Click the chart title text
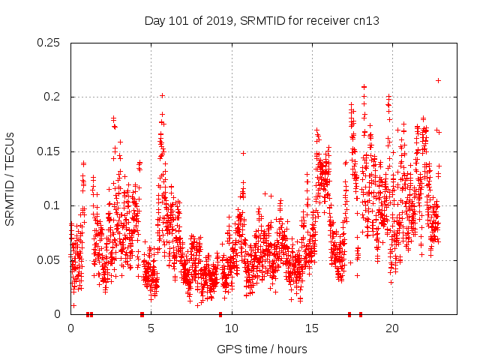(262, 20)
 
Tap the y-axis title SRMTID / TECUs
(10, 178)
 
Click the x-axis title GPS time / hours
(262, 349)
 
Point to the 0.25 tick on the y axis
(50, 43)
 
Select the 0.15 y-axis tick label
(50, 151)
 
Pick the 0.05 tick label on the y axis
(50, 260)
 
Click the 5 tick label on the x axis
(151, 328)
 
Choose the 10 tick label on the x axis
(232, 328)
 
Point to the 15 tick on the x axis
(312, 328)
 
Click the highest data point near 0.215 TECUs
(438, 80)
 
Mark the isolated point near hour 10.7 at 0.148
(243, 153)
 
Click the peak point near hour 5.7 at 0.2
(162, 95)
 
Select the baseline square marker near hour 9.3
(220, 314)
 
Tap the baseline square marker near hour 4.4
(142, 314)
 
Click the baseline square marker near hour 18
(361, 314)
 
